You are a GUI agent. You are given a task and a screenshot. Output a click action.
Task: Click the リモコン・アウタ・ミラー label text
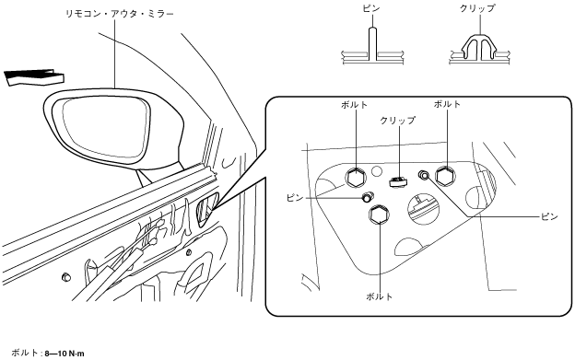pyautogui.click(x=119, y=15)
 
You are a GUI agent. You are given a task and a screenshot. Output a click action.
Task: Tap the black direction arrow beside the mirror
pyautogui.click(x=34, y=77)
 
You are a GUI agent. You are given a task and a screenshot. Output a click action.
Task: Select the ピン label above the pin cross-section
pyautogui.click(x=371, y=8)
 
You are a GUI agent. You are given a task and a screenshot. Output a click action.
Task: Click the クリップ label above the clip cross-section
pyautogui.click(x=477, y=8)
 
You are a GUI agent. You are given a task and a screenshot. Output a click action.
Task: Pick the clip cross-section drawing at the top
pyautogui.click(x=479, y=50)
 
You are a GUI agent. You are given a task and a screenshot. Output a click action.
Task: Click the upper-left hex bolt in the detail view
pyautogui.click(x=356, y=178)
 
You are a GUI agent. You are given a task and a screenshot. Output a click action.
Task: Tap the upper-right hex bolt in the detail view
pyautogui.click(x=446, y=176)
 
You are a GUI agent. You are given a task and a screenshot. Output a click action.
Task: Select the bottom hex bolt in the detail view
pyautogui.click(x=380, y=215)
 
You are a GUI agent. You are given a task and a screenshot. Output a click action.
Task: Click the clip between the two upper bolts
pyautogui.click(x=397, y=181)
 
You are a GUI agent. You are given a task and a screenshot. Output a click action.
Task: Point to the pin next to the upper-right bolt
pyautogui.click(x=424, y=176)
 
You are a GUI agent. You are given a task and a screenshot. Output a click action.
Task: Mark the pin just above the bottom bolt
pyautogui.click(x=367, y=197)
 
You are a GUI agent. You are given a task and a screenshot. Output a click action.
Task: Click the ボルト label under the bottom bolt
pyautogui.click(x=379, y=296)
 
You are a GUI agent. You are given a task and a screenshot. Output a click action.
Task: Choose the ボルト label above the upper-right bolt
pyautogui.click(x=447, y=104)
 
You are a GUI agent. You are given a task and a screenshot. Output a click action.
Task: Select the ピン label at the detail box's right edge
pyautogui.click(x=549, y=216)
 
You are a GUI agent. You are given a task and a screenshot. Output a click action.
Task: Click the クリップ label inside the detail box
pyautogui.click(x=398, y=120)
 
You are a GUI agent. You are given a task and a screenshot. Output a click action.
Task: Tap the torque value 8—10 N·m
pyautogui.click(x=65, y=354)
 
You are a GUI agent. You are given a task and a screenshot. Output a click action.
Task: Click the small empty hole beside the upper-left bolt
pyautogui.click(x=376, y=170)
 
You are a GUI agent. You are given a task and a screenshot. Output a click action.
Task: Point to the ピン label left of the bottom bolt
pyautogui.click(x=295, y=198)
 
